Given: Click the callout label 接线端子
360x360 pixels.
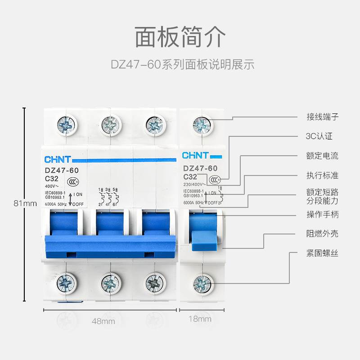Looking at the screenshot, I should (322, 117).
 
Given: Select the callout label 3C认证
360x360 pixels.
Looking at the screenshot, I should (319, 136).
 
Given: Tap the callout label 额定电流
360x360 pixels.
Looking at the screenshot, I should (322, 156).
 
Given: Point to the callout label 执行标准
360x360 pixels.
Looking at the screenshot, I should (322, 175).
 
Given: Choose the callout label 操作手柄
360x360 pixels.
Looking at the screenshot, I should (322, 215).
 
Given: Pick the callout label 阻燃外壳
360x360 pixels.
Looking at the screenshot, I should (322, 234).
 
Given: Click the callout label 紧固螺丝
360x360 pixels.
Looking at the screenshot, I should (322, 253).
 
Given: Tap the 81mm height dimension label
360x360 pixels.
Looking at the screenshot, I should (25, 203).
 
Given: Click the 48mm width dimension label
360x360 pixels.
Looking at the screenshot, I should (103, 321).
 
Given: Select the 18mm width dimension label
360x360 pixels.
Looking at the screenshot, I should (200, 319).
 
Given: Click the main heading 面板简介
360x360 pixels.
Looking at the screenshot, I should (180, 37).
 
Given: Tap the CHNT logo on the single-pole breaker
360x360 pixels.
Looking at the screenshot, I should (195, 156).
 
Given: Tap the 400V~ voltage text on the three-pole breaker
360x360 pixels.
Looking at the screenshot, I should (50, 185).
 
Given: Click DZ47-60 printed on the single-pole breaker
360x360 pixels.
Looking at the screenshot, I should (200, 168).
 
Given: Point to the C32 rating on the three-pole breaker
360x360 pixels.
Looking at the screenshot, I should (53, 178).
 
